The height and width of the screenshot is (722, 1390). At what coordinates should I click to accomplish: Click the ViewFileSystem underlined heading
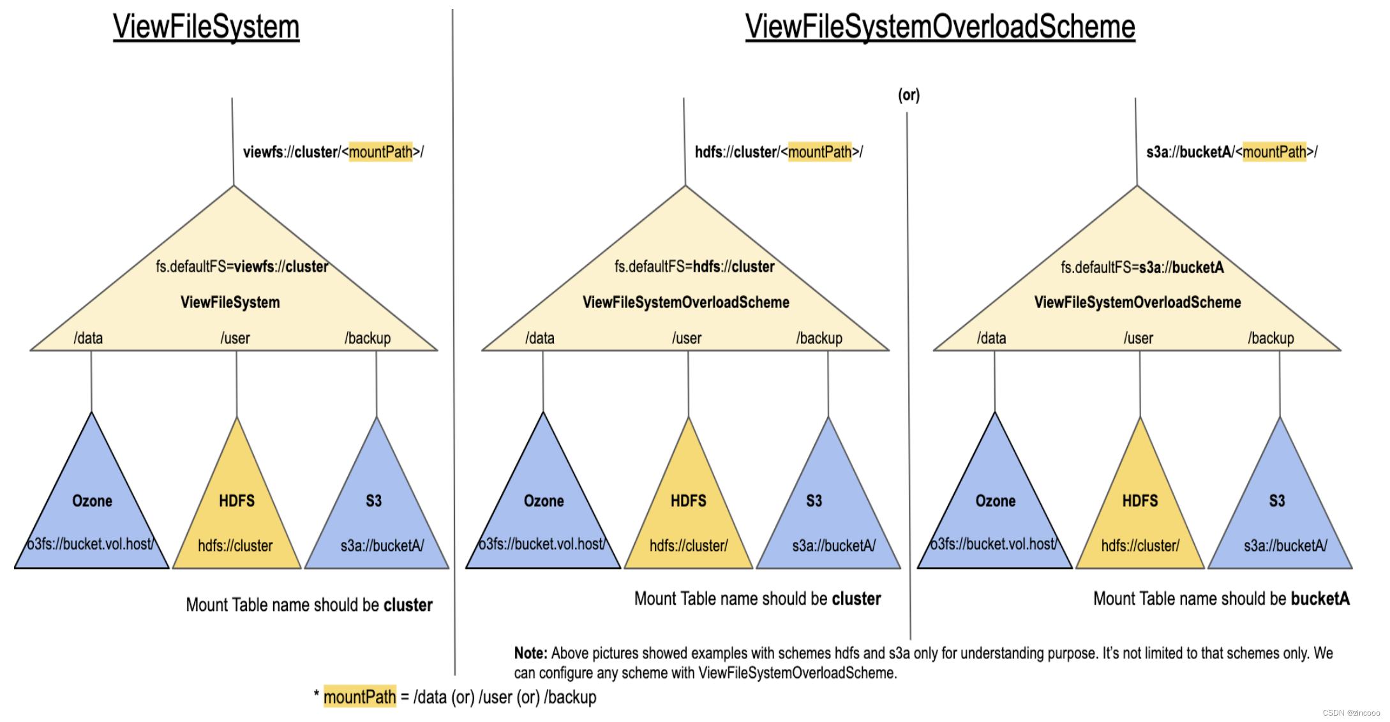point(206,27)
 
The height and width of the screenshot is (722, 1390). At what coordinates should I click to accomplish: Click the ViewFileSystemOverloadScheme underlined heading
point(939,27)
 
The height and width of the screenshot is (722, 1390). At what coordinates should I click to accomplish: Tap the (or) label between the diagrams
point(909,95)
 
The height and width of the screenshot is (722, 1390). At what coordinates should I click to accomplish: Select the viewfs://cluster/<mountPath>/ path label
point(333,152)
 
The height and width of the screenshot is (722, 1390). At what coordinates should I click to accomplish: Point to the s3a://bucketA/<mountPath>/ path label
point(1231,152)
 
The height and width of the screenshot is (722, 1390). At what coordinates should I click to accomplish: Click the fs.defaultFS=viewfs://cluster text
point(242,267)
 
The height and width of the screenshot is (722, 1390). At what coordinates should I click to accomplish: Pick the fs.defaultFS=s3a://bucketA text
point(1142,267)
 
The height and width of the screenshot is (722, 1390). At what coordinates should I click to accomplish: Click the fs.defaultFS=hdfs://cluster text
point(694,267)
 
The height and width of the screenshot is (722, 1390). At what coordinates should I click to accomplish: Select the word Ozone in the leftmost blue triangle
point(93,501)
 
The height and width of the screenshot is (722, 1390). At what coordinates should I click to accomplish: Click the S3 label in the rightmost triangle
point(1276,501)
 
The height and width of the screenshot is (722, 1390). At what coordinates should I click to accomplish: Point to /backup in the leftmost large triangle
point(368,338)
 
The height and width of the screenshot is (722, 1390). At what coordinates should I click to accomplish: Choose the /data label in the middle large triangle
point(540,338)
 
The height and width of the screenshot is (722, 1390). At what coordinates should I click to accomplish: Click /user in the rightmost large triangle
point(1138,338)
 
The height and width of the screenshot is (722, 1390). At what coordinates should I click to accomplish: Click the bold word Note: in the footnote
point(530,653)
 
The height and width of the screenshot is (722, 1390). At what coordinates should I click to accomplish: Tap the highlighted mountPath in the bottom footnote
point(359,697)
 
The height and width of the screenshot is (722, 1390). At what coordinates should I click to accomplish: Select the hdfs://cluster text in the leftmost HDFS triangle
point(235,546)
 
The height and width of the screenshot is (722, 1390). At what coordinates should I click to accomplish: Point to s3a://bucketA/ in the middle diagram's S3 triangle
point(833,546)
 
